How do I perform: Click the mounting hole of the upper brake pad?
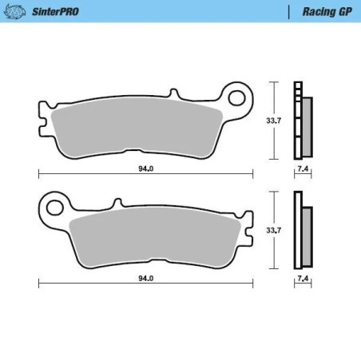coord(237,97)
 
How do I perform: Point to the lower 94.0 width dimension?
coord(145,278)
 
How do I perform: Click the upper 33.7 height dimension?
coord(272,121)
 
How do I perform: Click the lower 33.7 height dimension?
coord(272,230)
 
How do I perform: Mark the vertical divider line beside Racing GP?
coord(288,12)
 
